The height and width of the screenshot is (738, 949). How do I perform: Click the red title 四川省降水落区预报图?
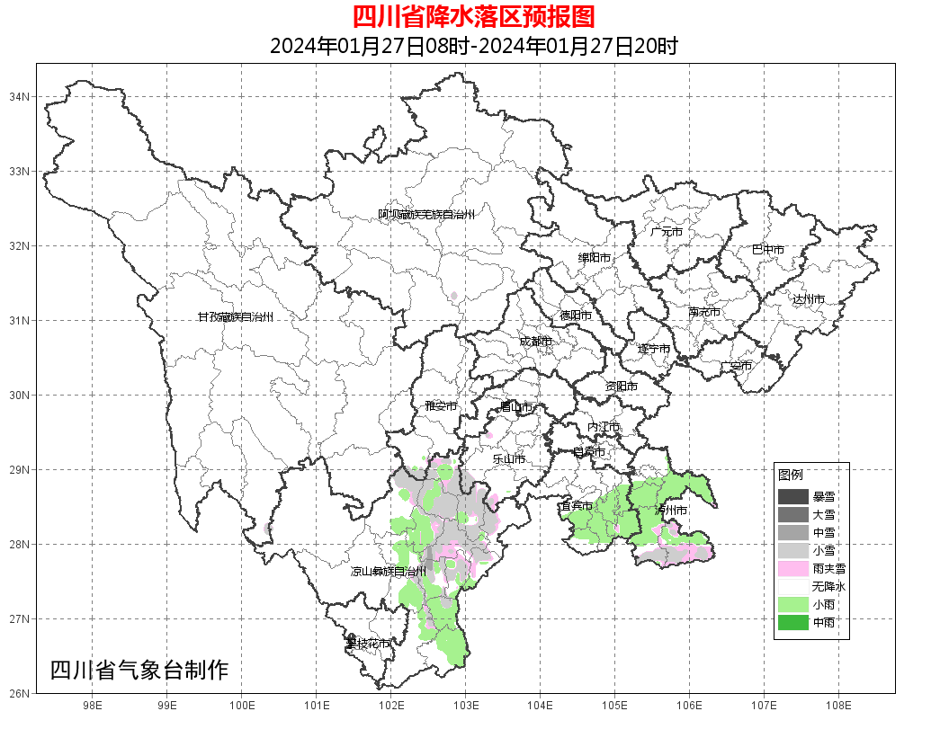click(x=473, y=17)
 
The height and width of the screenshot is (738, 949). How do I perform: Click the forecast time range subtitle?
click(x=473, y=46)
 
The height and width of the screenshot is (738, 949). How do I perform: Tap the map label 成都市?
click(x=535, y=342)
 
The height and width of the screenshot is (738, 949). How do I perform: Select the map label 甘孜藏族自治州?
click(x=235, y=317)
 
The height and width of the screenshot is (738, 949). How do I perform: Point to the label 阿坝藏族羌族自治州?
click(x=425, y=215)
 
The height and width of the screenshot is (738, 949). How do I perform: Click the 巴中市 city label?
click(x=767, y=250)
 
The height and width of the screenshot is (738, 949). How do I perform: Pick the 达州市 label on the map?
click(x=808, y=298)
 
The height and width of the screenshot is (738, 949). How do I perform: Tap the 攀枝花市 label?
click(x=368, y=644)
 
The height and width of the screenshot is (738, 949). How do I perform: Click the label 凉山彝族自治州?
click(x=388, y=572)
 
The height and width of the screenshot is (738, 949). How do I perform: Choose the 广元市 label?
click(x=667, y=232)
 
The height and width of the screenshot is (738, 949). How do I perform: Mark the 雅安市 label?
click(x=441, y=406)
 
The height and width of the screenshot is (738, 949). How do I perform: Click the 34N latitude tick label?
click(x=20, y=96)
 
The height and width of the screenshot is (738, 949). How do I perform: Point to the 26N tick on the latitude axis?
click(x=20, y=693)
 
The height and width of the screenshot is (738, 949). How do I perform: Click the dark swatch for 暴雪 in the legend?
click(x=793, y=497)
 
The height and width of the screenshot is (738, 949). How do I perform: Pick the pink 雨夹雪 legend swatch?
click(x=793, y=569)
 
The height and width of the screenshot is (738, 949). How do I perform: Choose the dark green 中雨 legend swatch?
click(x=793, y=623)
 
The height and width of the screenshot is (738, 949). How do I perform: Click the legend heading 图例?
click(x=791, y=475)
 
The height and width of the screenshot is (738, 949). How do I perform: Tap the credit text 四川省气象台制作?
click(x=139, y=670)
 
